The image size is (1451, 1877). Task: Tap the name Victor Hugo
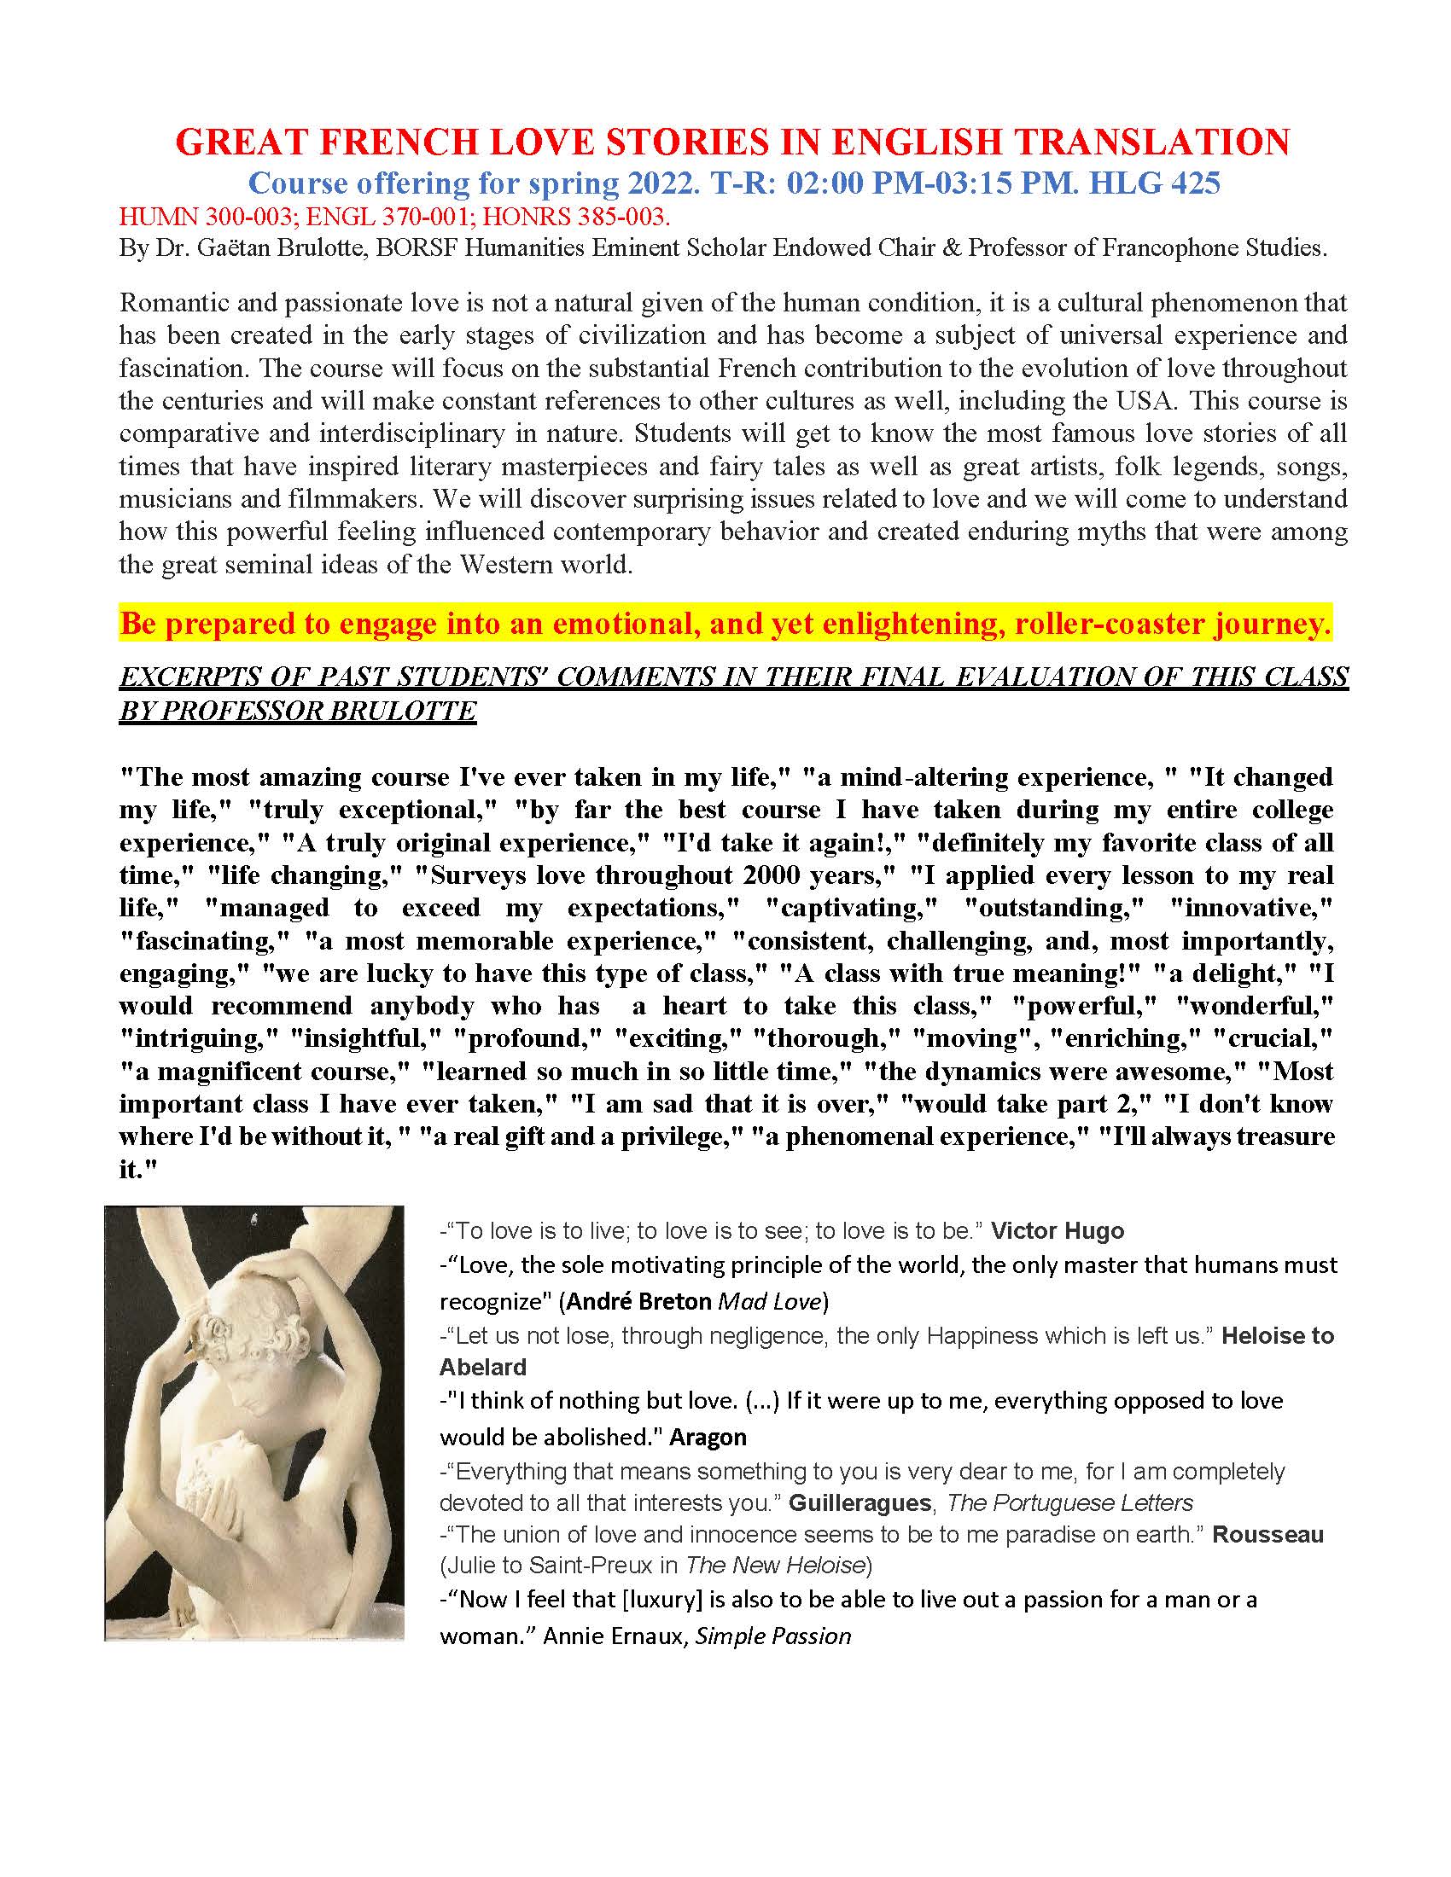click(1058, 1230)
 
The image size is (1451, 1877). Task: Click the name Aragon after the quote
click(708, 1437)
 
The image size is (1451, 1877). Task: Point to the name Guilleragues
click(860, 1503)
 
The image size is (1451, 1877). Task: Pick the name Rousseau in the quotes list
click(1267, 1535)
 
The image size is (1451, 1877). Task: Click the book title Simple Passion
click(772, 1636)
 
